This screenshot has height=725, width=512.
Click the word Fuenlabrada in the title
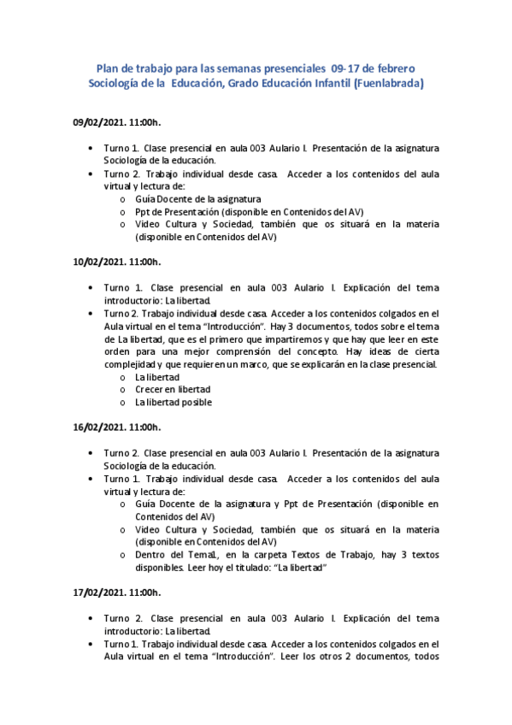tap(388, 84)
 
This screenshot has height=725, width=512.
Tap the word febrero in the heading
tap(394, 68)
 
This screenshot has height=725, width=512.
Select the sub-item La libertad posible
tap(174, 402)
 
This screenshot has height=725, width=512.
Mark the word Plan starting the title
tap(108, 68)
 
